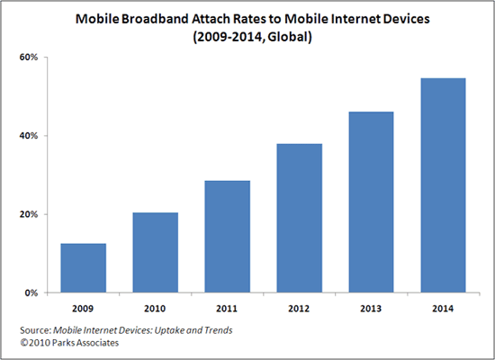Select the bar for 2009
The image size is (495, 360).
[x=84, y=268]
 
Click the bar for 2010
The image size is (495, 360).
[x=156, y=253]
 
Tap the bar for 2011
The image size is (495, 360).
[x=228, y=237]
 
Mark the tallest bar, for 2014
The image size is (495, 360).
[x=444, y=185]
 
